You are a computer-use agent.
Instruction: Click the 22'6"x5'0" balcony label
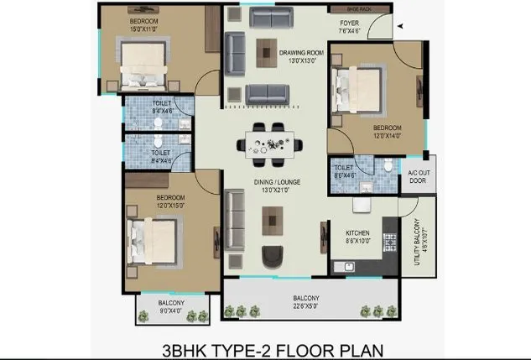305,302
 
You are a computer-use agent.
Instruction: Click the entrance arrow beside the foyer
401,25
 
